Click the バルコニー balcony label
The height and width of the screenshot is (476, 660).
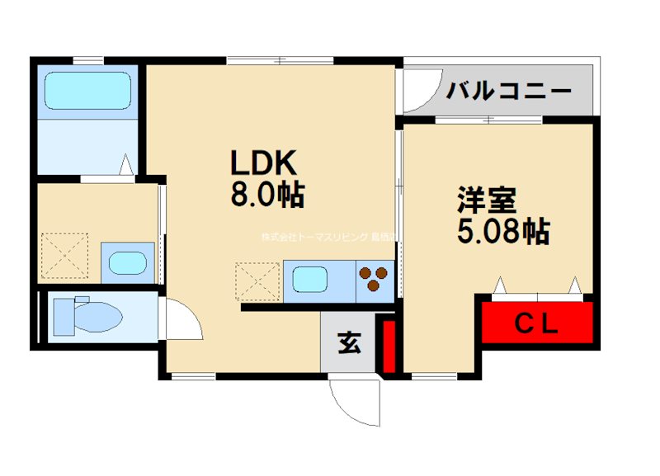[509, 91]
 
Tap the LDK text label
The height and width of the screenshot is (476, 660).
[262, 162]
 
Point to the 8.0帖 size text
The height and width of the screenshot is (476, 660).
[266, 195]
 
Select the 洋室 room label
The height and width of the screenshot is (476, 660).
[487, 200]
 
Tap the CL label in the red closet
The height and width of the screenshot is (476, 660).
[537, 323]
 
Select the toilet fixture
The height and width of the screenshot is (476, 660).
[85, 314]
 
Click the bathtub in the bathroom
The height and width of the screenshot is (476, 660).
[87, 90]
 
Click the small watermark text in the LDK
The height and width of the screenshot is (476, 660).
[328, 237]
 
